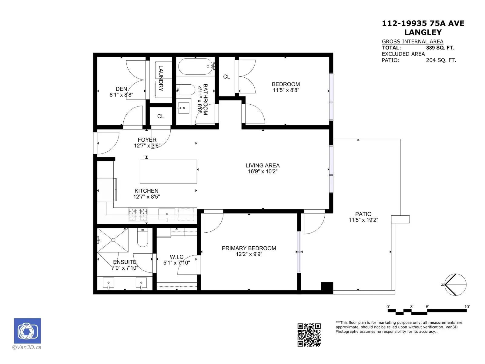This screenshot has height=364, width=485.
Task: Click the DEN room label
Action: pos(121,89)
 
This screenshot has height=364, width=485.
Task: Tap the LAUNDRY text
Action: pos(161,78)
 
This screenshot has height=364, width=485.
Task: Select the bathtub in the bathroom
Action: pos(196,66)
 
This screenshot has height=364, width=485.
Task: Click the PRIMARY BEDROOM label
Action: pos(249,248)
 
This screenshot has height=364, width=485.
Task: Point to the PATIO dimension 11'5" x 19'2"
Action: pos(363,220)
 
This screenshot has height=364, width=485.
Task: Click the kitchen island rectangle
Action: pos(168,171)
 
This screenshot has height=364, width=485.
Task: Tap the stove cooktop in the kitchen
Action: pos(138,214)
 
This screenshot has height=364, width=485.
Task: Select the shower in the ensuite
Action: pos(113,240)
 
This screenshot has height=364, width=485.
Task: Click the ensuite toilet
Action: pos(142,238)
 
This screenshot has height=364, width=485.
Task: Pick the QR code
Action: pos(309,335)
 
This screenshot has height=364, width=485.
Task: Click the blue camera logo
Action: pos(27,331)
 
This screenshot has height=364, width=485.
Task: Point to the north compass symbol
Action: pos(455,285)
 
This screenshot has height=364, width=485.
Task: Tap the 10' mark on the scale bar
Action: pos(467,307)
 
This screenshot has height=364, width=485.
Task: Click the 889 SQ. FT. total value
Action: pos(440,48)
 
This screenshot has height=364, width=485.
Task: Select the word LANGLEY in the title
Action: pos(423,32)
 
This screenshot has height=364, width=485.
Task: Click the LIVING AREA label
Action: pos(263,165)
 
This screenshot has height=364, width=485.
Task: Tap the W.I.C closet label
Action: pos(176,257)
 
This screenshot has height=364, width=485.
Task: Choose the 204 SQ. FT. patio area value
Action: pos(441,60)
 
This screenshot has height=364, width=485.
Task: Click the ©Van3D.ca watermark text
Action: pos(27,347)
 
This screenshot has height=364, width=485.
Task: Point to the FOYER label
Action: pos(147,140)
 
